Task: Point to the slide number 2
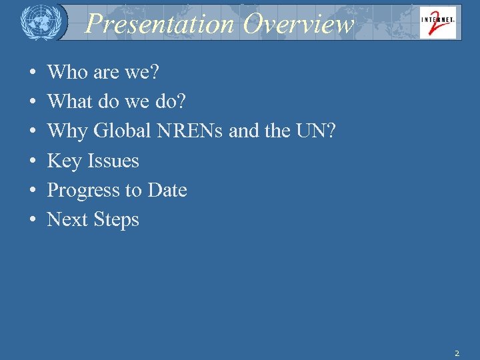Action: [x=457, y=353]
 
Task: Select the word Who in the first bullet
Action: [x=67, y=73]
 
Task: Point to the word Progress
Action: [x=84, y=190]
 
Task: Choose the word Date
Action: [x=167, y=190]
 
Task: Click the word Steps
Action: [x=115, y=219]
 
